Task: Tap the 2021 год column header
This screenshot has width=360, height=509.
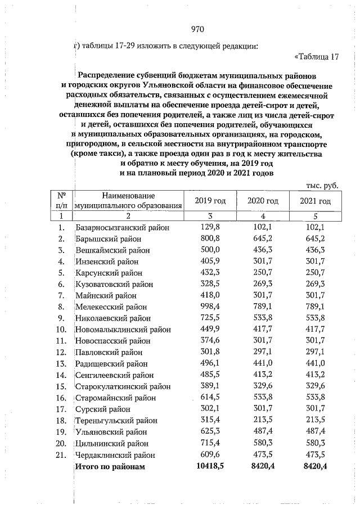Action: [x=314, y=201]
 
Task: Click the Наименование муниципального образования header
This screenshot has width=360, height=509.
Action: [x=129, y=201]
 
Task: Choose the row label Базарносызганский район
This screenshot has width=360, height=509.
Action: [x=123, y=228]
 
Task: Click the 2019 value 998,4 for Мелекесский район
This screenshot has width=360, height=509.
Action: [x=210, y=307]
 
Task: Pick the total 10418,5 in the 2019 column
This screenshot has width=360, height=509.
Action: [x=210, y=466]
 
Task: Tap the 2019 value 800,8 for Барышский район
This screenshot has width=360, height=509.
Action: [x=210, y=238]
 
